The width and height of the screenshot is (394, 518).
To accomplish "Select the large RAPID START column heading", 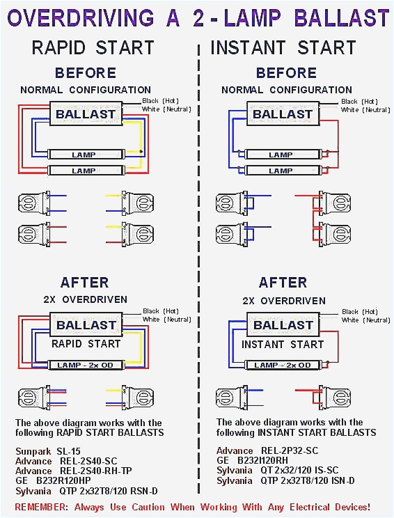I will coord(93,48).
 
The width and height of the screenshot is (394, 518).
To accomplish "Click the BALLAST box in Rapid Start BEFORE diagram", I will coord(86,114).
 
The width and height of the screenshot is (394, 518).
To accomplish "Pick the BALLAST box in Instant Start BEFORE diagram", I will coord(282,114).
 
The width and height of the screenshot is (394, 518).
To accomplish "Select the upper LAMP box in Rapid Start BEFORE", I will coord(84,155).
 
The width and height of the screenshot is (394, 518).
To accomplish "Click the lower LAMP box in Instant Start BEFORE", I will coord(281,171).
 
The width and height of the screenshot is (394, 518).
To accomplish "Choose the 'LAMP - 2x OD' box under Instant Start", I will coord(282,365).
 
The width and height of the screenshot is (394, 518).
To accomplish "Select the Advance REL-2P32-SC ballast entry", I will coord(267,451).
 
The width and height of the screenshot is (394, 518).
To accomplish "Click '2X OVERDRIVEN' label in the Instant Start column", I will coord(283,301).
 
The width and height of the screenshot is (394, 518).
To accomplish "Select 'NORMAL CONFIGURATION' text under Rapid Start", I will coord(86,90).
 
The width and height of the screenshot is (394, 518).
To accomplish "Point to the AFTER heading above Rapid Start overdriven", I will coord(84,283).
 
